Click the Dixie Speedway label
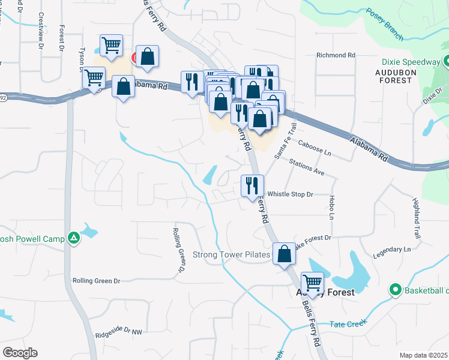click(411, 62)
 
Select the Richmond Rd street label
click(336, 55)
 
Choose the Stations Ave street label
click(306, 167)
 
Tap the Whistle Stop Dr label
click(291, 194)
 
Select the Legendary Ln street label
click(391, 248)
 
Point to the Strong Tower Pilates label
click(231, 254)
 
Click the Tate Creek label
click(348, 324)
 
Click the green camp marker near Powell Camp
click(73, 239)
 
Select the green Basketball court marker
click(395, 290)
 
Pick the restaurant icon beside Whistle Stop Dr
click(252, 185)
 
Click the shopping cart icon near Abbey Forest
click(312, 282)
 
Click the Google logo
click(20, 353)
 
